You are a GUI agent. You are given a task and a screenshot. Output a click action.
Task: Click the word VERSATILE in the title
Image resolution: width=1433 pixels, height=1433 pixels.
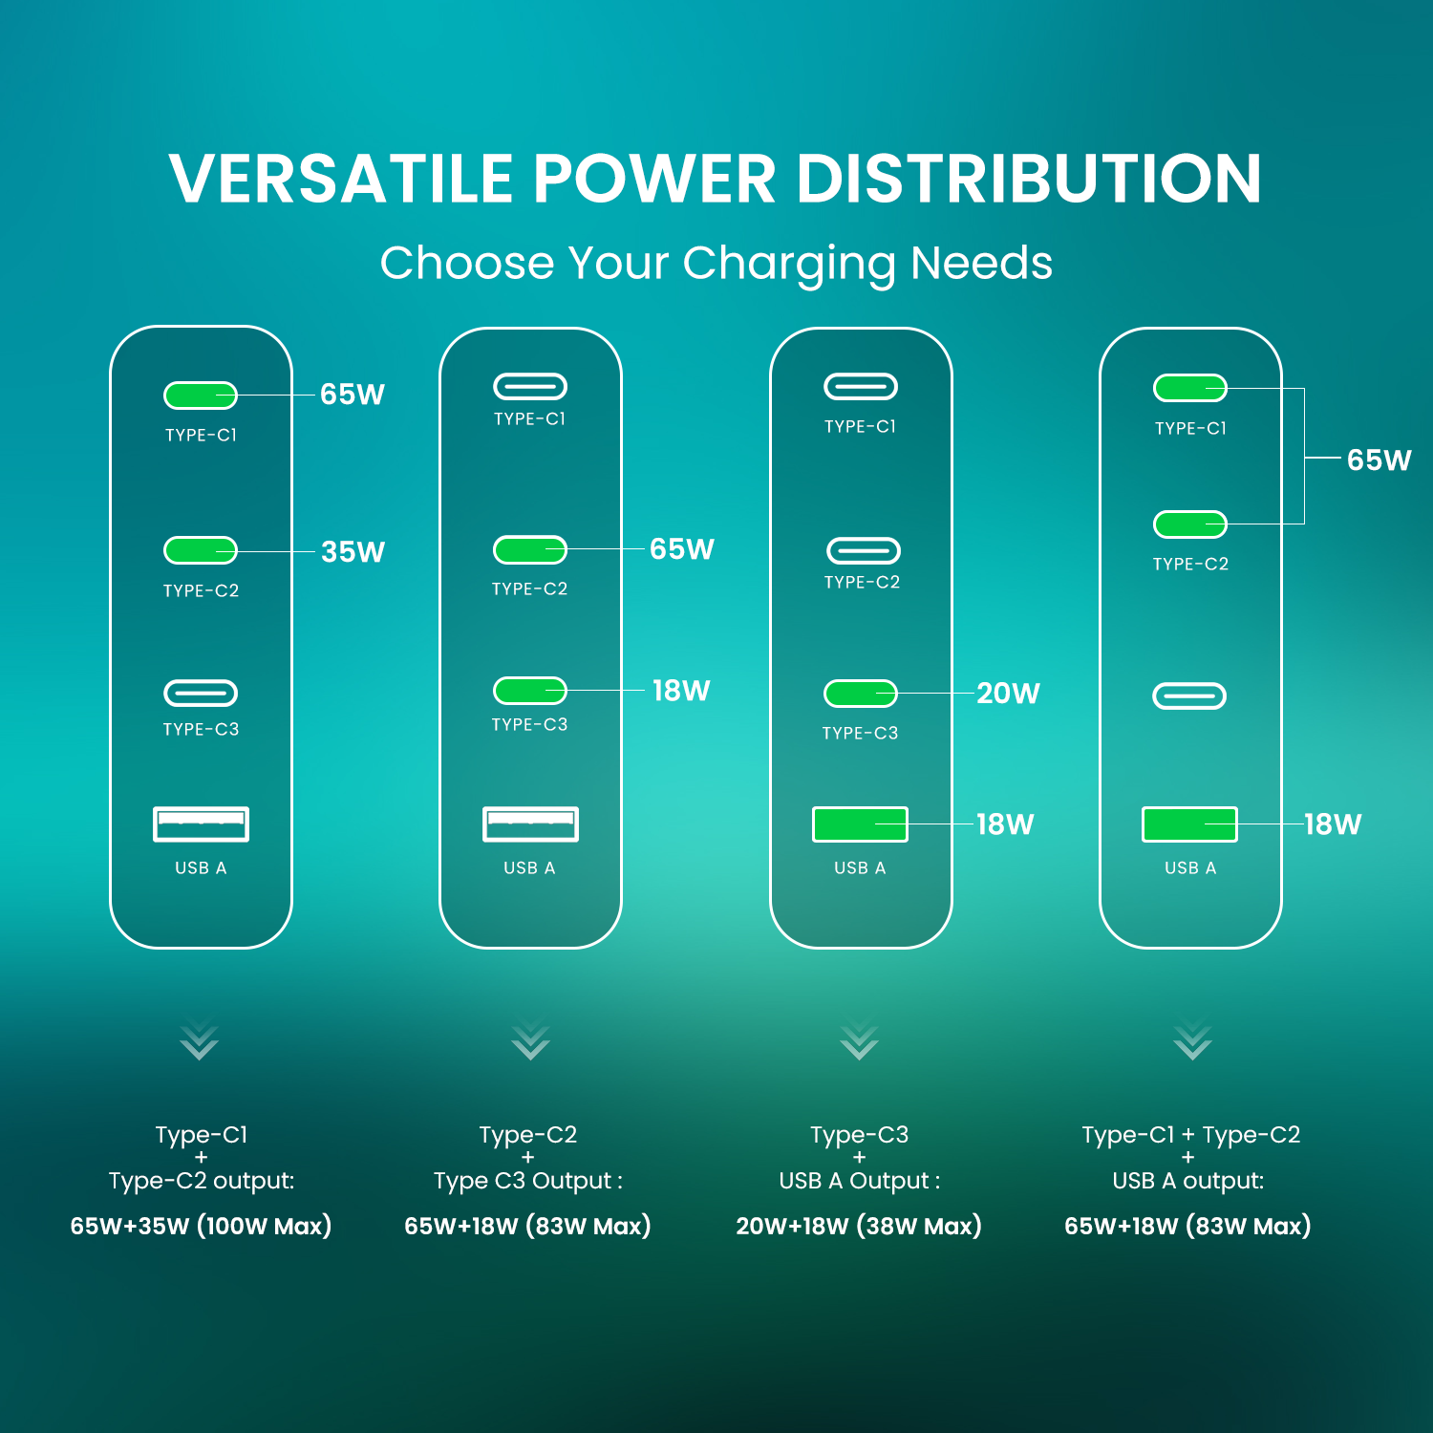pyautogui.click(x=341, y=179)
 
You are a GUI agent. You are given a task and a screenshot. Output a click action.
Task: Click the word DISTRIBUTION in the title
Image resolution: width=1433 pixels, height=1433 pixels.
pyautogui.click(x=1029, y=179)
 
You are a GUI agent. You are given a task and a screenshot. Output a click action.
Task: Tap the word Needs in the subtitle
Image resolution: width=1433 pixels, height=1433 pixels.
pyautogui.click(x=981, y=263)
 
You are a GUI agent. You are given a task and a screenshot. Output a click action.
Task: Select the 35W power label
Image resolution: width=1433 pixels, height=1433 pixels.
pyautogui.click(x=353, y=552)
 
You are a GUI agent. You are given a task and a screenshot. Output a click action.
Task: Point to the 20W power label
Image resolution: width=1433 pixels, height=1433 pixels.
pyautogui.click(x=1008, y=694)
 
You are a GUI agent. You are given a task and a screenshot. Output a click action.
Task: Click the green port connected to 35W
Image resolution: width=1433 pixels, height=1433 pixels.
pyautogui.click(x=201, y=550)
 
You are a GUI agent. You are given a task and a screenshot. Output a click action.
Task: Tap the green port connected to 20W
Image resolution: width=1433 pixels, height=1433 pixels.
pyautogui.click(x=861, y=693)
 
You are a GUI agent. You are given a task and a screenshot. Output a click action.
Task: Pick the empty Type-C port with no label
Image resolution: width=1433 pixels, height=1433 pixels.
pyautogui.click(x=1189, y=695)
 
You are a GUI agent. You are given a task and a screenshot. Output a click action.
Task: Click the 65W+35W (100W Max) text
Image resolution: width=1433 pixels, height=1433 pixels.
pyautogui.click(x=201, y=1226)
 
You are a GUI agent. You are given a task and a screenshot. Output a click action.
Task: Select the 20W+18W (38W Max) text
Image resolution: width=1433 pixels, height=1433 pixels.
pyautogui.click(x=859, y=1226)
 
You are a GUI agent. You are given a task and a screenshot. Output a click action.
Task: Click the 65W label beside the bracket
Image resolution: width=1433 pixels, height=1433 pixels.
pyautogui.click(x=1379, y=460)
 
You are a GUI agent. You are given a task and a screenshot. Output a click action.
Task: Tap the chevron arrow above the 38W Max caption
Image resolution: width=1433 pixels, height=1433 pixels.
pyautogui.click(x=859, y=1042)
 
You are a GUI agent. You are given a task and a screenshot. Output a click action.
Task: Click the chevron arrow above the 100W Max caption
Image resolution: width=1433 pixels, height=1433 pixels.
pyautogui.click(x=199, y=1042)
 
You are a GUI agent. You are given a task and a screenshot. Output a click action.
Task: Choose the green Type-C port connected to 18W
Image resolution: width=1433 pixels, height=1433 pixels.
pyautogui.click(x=530, y=690)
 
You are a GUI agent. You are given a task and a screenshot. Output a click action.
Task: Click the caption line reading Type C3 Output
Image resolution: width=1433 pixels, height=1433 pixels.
pyautogui.click(x=528, y=1182)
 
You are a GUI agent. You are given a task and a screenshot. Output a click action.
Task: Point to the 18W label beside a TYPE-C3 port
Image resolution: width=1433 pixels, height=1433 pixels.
pyautogui.click(x=681, y=691)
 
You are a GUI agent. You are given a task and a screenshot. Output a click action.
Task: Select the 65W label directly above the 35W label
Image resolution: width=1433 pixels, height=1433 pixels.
pyautogui.click(x=353, y=395)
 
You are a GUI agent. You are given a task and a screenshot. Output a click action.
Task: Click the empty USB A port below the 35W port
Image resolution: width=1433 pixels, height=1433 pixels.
pyautogui.click(x=201, y=823)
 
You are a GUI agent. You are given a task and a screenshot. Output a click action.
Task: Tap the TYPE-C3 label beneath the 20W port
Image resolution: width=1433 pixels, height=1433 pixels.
pyautogui.click(x=861, y=734)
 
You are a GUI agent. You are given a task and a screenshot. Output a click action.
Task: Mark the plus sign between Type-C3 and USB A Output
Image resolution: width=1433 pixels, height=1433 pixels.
pyautogui.click(x=859, y=1157)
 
